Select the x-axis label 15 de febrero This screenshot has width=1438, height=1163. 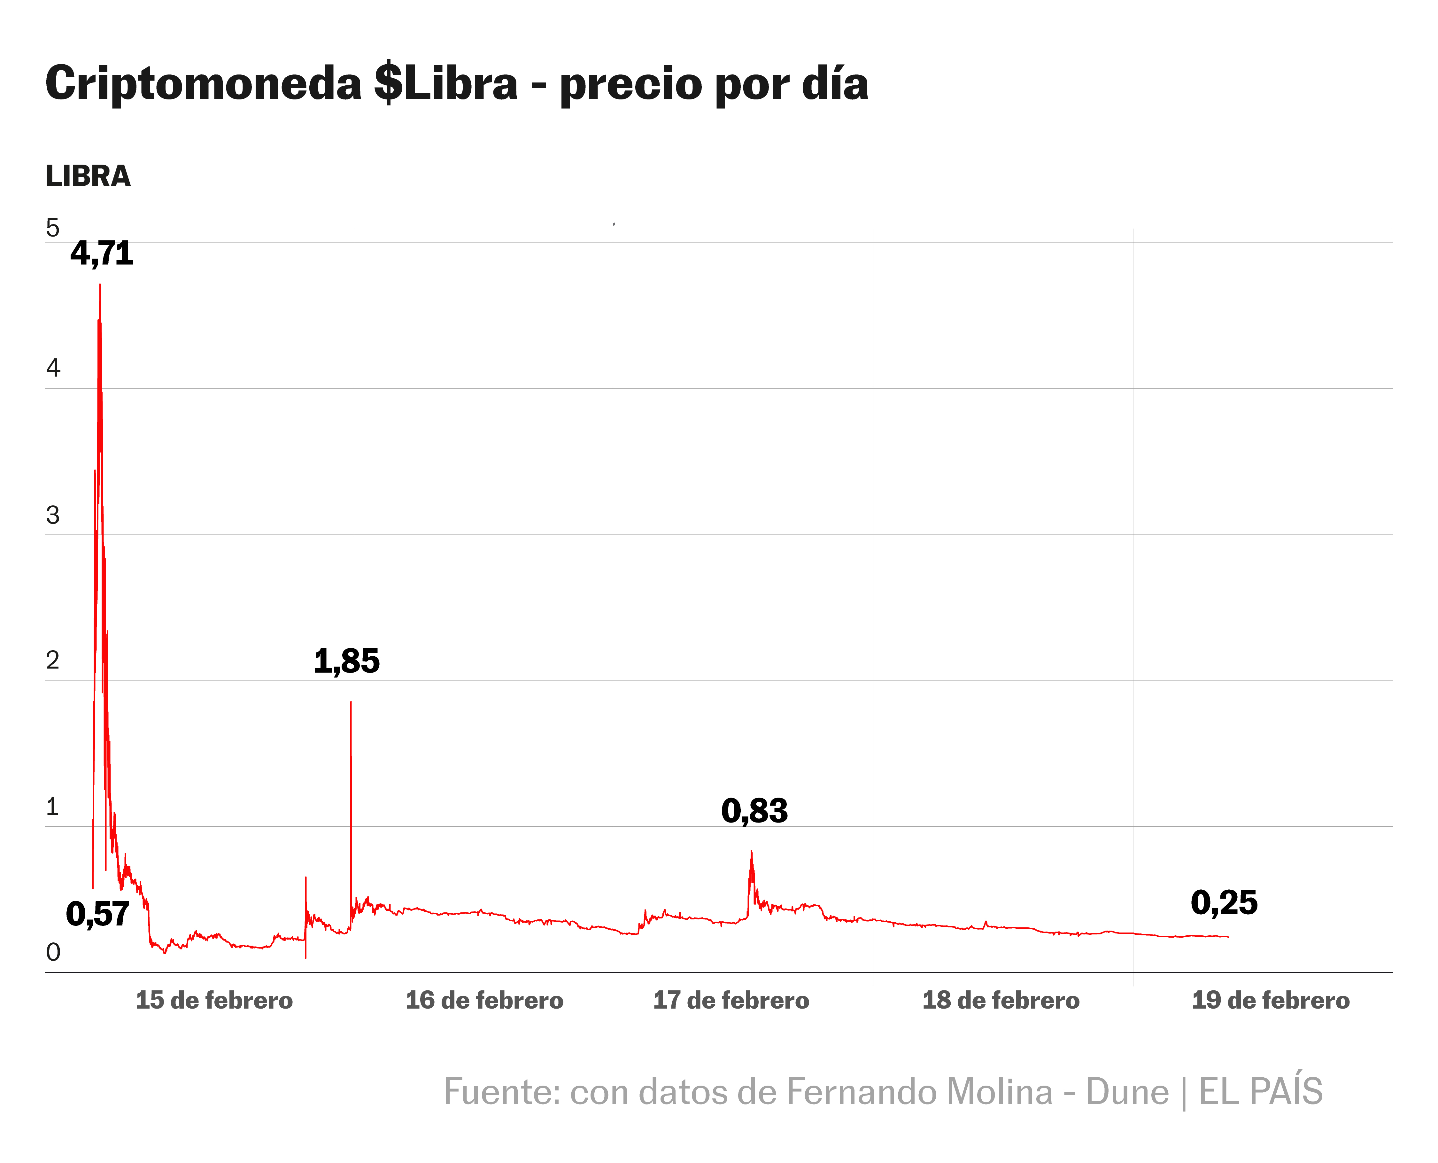point(214,1000)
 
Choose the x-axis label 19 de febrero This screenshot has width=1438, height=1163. point(1271,1000)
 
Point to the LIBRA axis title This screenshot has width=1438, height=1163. point(88,176)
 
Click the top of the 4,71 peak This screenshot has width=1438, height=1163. point(100,285)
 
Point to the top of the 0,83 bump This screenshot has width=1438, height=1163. point(752,852)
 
